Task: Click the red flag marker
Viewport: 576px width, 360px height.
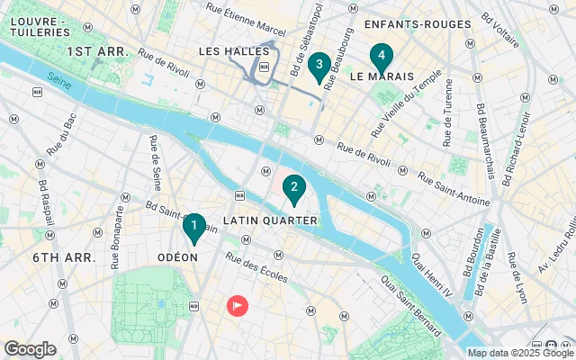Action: tap(237, 306)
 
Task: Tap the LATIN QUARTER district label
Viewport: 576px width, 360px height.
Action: tap(269, 220)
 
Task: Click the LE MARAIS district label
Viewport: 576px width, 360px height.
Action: tap(382, 77)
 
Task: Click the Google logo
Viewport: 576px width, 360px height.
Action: tap(30, 349)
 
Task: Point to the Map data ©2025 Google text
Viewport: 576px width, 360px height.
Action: tap(506, 353)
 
